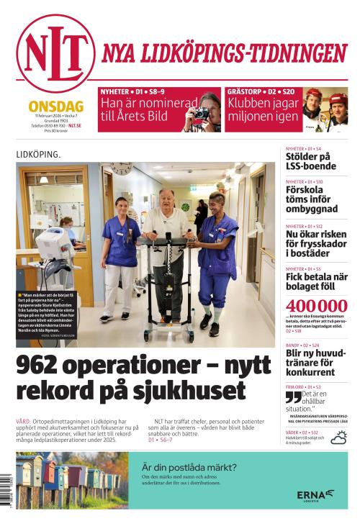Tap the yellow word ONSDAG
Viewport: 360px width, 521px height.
click(x=55, y=106)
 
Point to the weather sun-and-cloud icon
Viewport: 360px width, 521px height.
click(x=338, y=438)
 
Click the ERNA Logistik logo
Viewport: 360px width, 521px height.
click(x=315, y=495)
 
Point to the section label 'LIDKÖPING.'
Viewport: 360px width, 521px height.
click(x=38, y=154)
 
